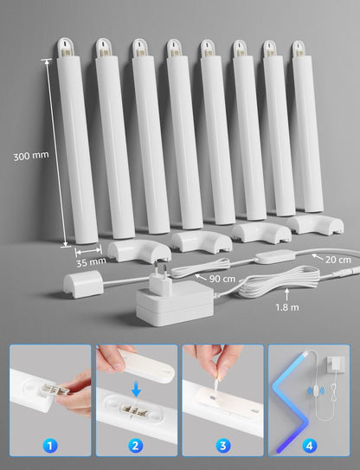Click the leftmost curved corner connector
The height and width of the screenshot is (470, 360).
click(x=132, y=251)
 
